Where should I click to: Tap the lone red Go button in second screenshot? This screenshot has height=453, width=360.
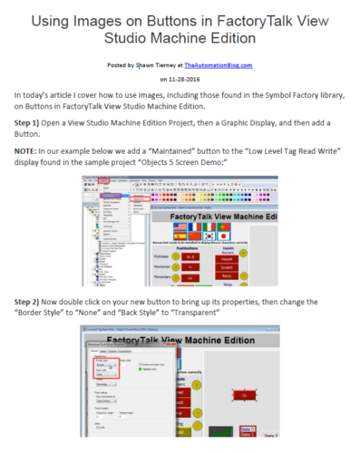click(x=244, y=396)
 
